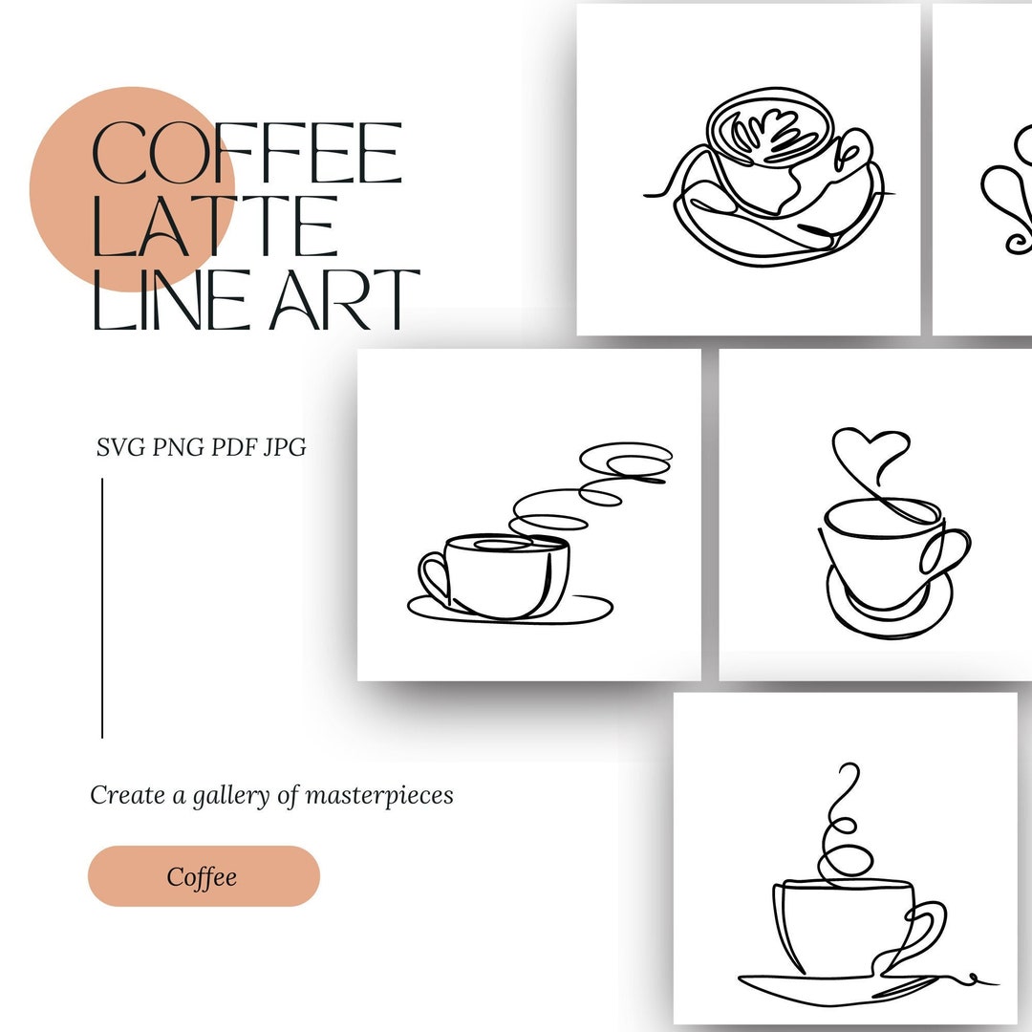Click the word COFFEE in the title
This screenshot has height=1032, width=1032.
pyautogui.click(x=247, y=154)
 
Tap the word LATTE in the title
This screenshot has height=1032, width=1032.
pyautogui.click(x=214, y=226)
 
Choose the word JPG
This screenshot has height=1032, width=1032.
pyautogui.click(x=284, y=446)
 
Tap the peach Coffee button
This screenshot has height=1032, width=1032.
pyautogui.click(x=204, y=876)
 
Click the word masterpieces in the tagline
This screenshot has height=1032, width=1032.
pyautogui.click(x=379, y=795)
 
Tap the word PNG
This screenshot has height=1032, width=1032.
pyautogui.click(x=179, y=446)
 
